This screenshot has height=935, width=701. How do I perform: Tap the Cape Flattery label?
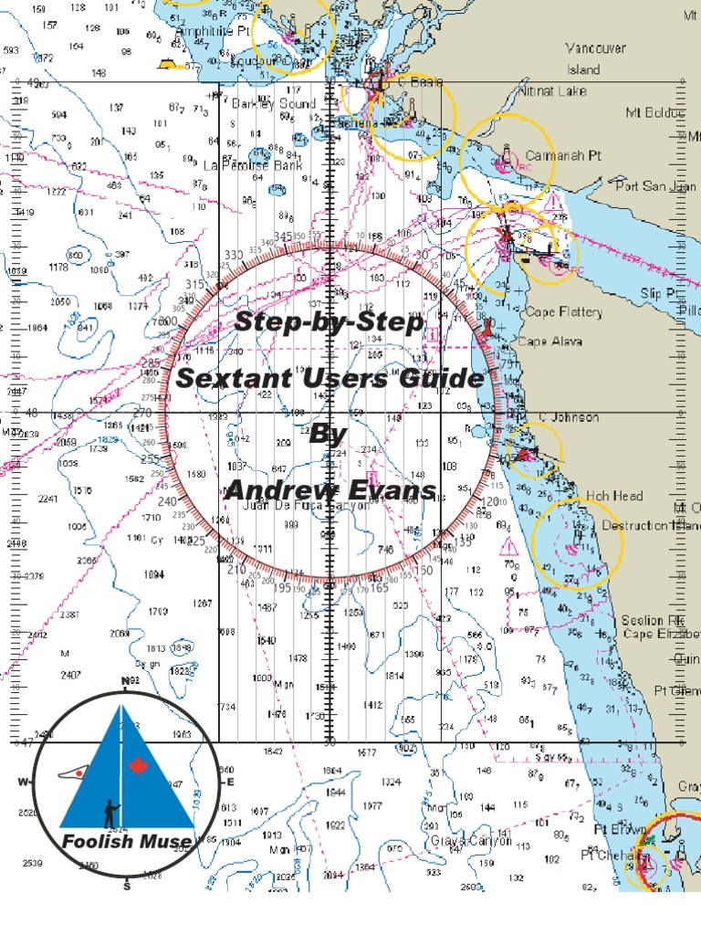click(x=564, y=312)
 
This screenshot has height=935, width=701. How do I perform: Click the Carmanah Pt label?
click(x=564, y=156)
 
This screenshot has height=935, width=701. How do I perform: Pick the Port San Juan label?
click(x=654, y=186)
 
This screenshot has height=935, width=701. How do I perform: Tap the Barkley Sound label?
click(x=274, y=103)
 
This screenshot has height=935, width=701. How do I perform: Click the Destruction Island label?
click(x=650, y=526)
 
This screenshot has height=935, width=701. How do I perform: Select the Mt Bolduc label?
click(x=654, y=113)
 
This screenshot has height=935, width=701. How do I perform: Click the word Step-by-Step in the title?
click(x=330, y=322)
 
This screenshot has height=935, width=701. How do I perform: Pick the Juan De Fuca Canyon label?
click(x=296, y=508)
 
